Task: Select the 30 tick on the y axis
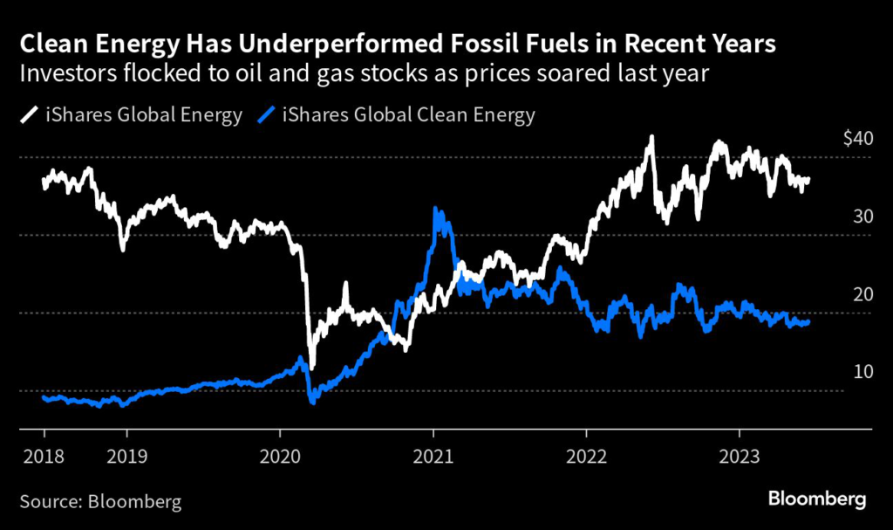click(x=838, y=217)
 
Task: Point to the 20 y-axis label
click(x=838, y=294)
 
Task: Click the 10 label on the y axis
click(x=838, y=372)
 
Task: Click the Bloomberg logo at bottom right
click(x=817, y=499)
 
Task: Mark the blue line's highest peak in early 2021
click(x=436, y=210)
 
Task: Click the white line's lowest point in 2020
click(x=311, y=366)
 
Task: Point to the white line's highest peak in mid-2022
click(x=651, y=137)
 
